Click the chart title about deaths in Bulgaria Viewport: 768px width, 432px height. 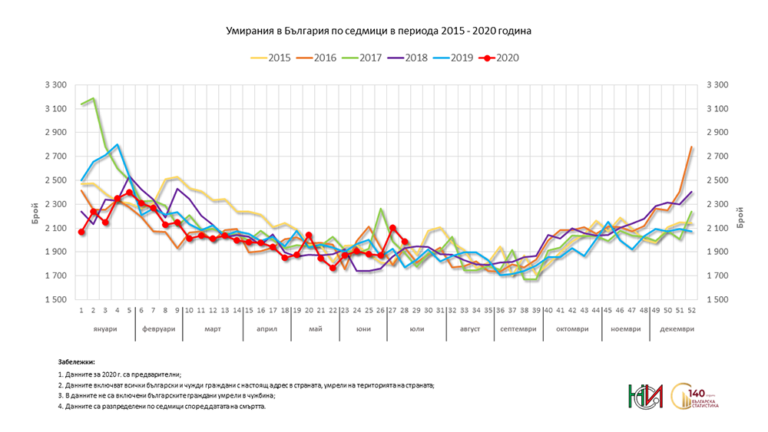click(379, 31)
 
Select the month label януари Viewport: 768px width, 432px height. click(104, 328)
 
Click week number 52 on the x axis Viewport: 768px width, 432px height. click(692, 310)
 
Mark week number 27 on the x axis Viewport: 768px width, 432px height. click(393, 310)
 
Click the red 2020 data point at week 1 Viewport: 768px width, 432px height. click(81, 232)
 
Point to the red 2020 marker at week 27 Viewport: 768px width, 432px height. click(393, 228)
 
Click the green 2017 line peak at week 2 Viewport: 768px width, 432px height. click(93, 98)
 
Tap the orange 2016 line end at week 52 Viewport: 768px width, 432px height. click(692, 147)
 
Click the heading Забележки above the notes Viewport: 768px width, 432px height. click(76, 361)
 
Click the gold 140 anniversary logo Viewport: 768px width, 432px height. click(694, 397)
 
